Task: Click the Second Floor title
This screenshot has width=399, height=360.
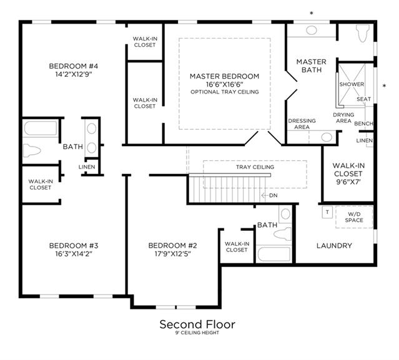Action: [197, 324]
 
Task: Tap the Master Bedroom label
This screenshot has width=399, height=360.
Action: [224, 76]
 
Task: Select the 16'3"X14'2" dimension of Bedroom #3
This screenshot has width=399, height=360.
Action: [74, 254]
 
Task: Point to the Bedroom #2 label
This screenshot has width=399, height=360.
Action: [172, 246]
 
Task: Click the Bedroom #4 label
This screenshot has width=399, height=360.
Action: [74, 66]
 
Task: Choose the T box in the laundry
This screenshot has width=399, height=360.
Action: [327, 212]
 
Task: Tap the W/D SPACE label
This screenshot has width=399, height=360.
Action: [354, 217]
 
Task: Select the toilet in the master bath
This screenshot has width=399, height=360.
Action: [362, 33]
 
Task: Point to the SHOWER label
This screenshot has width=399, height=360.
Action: [352, 84]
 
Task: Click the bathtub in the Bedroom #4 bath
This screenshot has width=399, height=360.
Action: [41, 128]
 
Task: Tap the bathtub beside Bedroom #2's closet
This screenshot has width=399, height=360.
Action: [273, 254]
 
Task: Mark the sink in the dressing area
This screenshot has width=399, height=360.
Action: [327, 137]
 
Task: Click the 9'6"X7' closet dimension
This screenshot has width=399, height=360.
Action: [348, 182]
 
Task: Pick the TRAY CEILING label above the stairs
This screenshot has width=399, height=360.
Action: [255, 167]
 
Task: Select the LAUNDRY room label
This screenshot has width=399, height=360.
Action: [334, 246]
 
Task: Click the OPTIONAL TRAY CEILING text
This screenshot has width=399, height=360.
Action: [225, 92]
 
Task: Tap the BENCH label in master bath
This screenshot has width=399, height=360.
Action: [363, 124]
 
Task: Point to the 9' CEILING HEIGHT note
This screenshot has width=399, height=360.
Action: [197, 333]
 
